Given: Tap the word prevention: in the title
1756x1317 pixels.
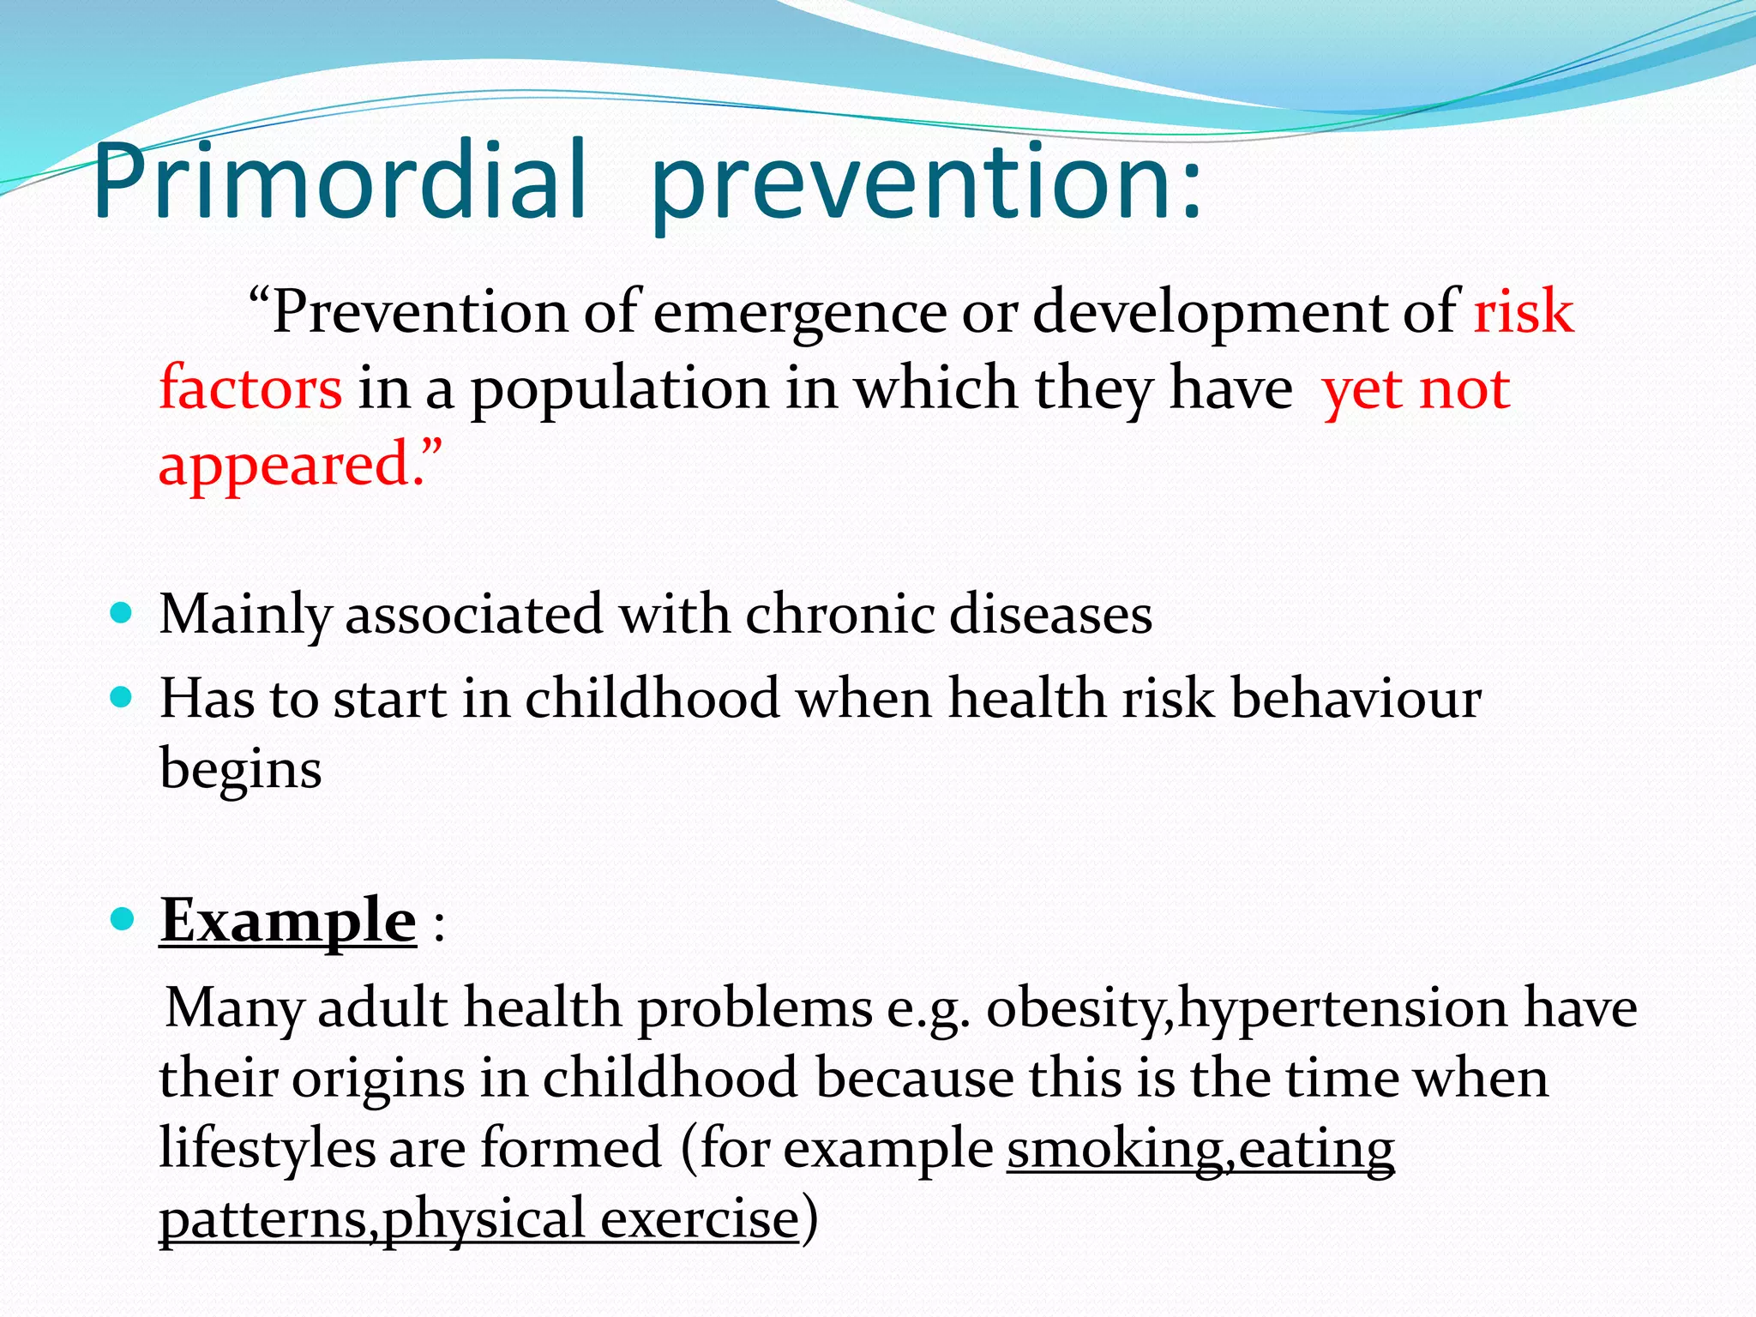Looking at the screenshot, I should pyautogui.click(x=926, y=184).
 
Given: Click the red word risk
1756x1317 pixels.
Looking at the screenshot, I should pyautogui.click(x=1523, y=312).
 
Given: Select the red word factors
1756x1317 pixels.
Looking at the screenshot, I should pyautogui.click(x=250, y=388).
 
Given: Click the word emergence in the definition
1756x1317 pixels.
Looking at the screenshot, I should pyautogui.click(x=799, y=312).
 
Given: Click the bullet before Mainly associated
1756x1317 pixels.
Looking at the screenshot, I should pyautogui.click(x=122, y=613).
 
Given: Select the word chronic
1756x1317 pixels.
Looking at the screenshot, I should pyautogui.click(x=839, y=615).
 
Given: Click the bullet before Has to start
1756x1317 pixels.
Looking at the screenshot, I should pyautogui.click(x=122, y=697).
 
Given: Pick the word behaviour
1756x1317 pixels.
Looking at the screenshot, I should pyautogui.click(x=1356, y=698).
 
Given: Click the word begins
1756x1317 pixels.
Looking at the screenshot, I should pyautogui.click(x=240, y=769).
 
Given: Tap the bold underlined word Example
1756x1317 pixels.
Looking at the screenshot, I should pyautogui.click(x=288, y=922).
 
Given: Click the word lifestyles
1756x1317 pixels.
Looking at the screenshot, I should pyautogui.click(x=267, y=1149).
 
